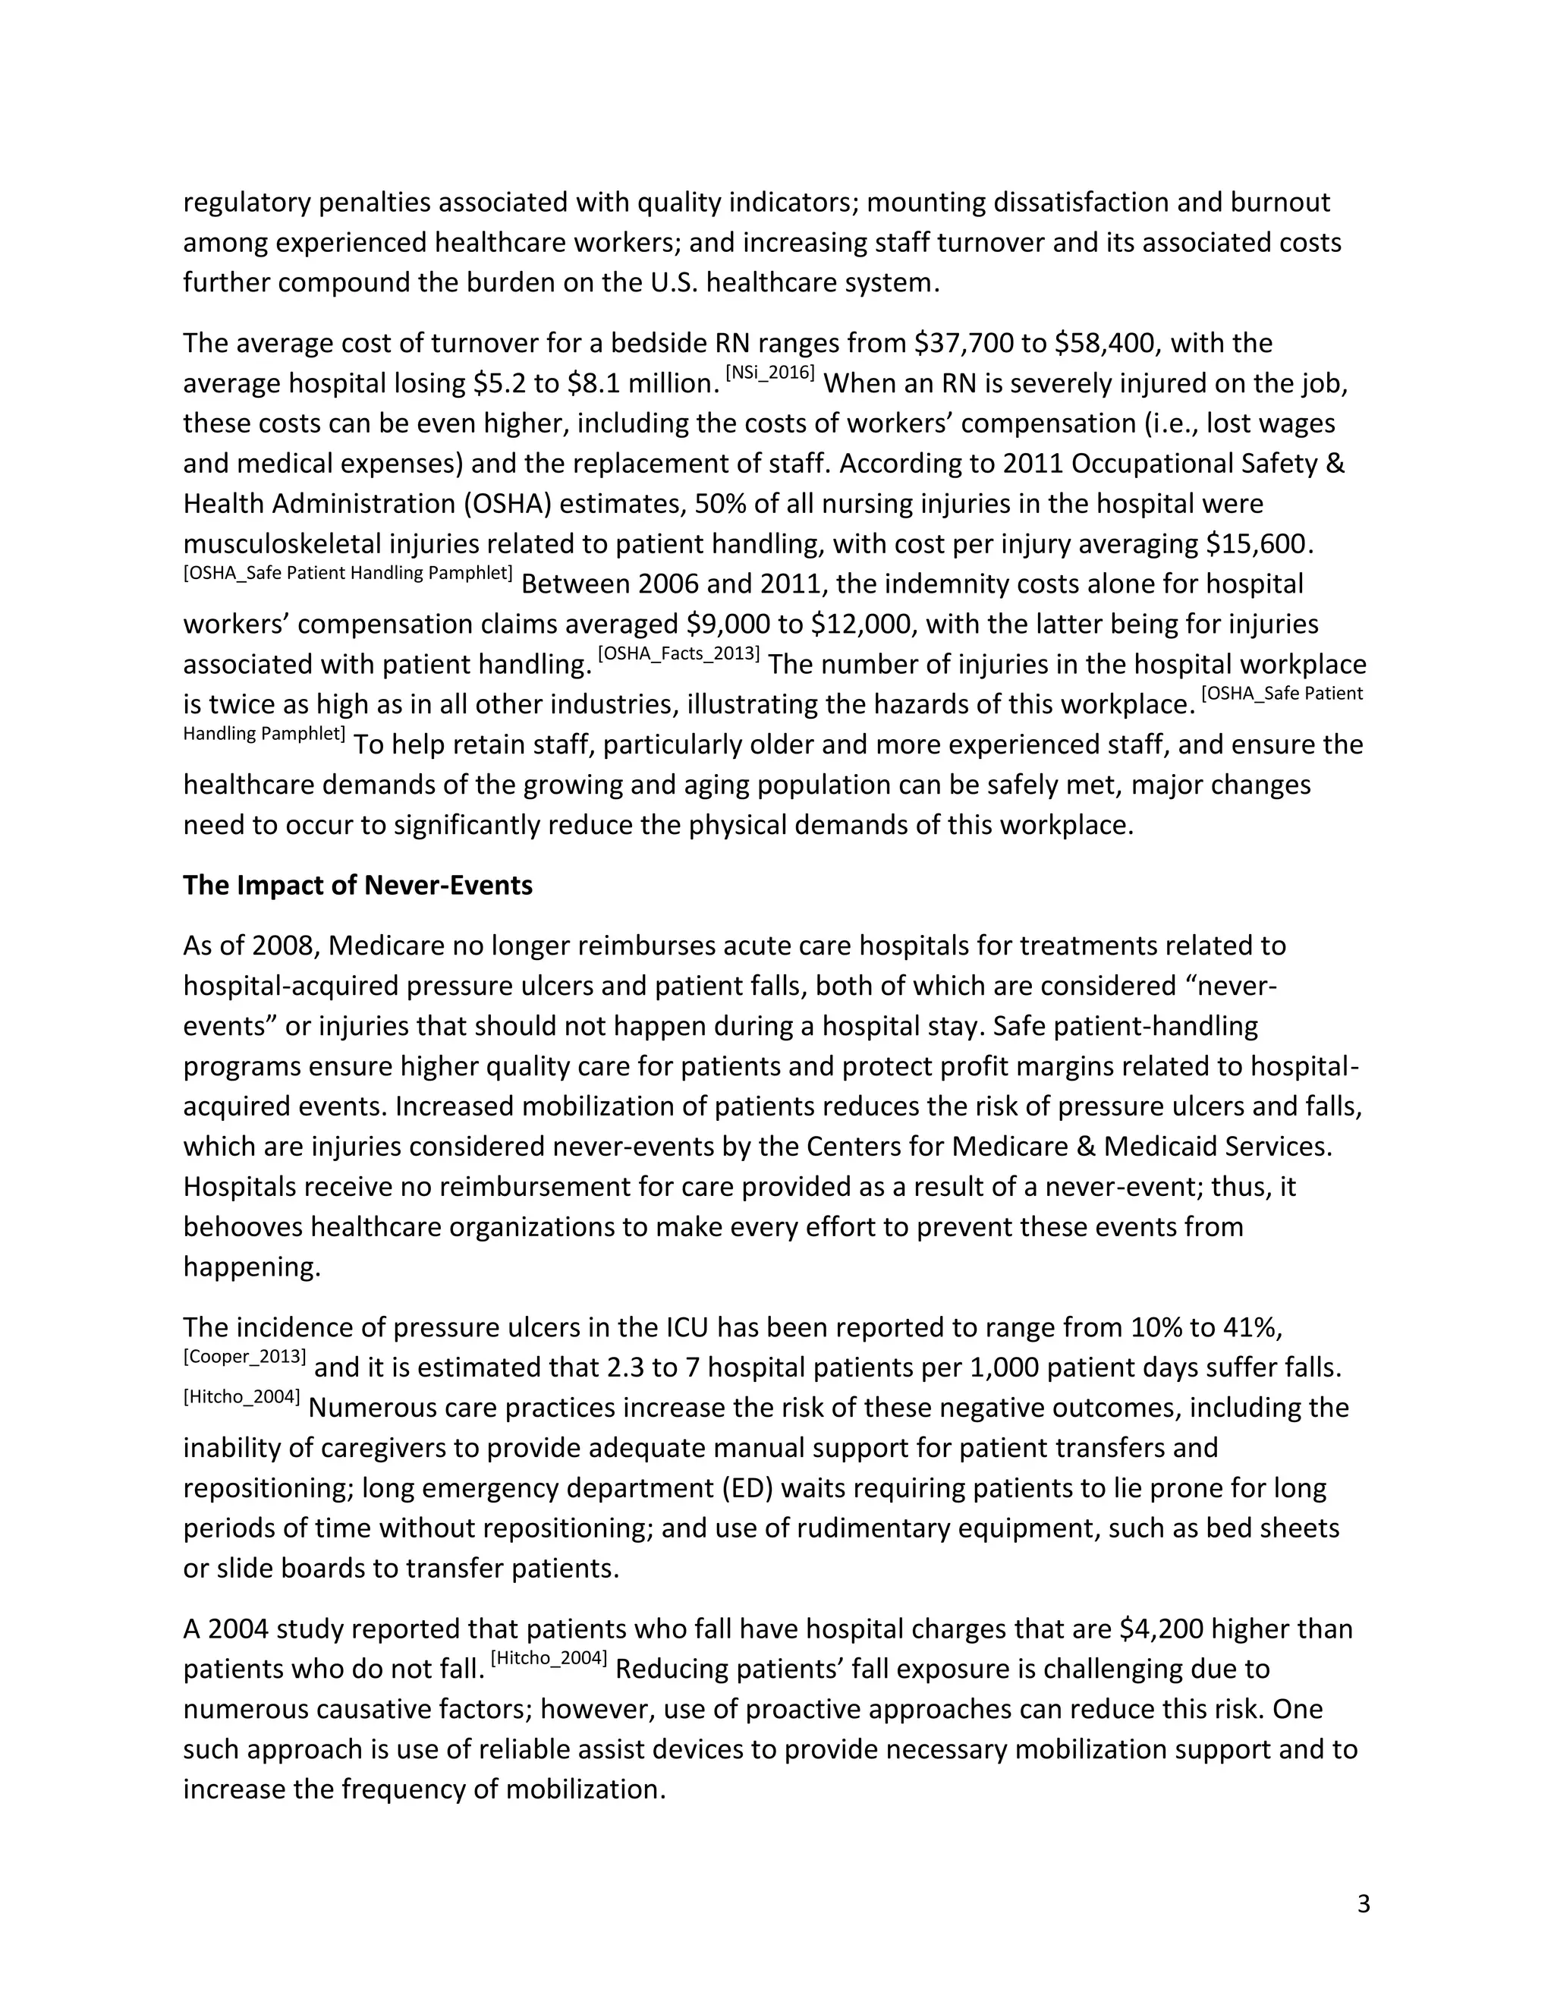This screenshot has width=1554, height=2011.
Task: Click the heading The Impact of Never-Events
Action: click(x=357, y=886)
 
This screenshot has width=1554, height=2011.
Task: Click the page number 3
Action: click(x=1364, y=1903)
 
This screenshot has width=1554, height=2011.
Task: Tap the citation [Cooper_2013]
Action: click(x=244, y=1356)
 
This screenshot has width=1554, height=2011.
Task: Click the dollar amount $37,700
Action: click(x=964, y=344)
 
